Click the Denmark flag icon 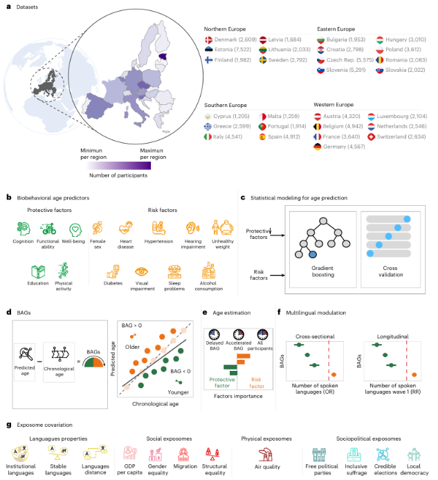[210, 39]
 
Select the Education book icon [37, 271]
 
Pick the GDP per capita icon [129, 452]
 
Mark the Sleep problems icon [174, 272]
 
